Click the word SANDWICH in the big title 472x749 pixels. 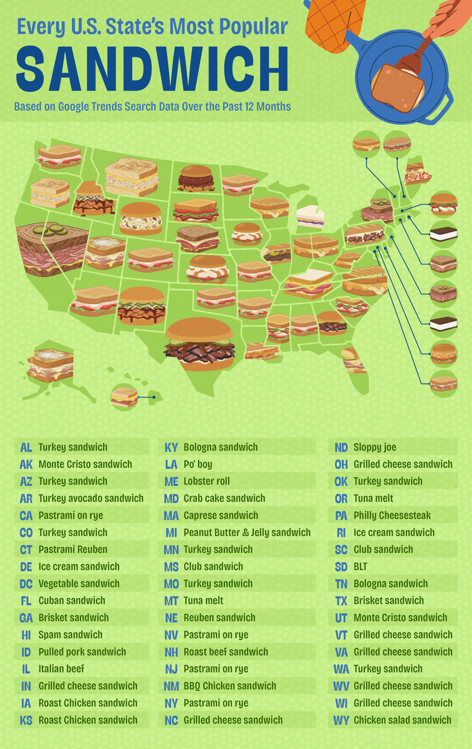click(152, 69)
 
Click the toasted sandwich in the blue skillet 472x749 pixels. click(397, 88)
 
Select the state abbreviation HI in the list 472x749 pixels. click(26, 635)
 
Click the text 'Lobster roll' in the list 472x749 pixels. click(206, 481)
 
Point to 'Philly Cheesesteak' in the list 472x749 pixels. click(392, 516)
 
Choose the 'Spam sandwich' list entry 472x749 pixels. click(70, 635)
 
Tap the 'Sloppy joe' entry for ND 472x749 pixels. click(375, 447)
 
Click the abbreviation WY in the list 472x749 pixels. click(341, 720)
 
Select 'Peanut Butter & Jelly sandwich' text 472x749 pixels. click(247, 532)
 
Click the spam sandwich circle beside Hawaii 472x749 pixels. click(124, 397)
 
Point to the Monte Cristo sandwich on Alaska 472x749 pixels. click(51, 365)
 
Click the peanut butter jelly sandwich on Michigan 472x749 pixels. click(310, 217)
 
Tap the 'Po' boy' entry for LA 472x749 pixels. click(198, 464)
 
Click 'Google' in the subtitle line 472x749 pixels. click(74, 107)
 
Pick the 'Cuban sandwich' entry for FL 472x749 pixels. click(72, 601)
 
